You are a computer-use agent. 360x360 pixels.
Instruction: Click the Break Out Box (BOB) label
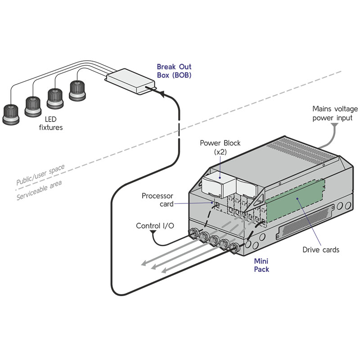174,71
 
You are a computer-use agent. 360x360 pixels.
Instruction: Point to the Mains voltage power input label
335,113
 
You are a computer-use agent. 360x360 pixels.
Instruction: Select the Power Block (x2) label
220,148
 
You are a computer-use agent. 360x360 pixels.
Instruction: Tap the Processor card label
157,200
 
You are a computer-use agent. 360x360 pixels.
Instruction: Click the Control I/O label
155,225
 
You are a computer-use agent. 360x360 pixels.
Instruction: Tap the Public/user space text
40,175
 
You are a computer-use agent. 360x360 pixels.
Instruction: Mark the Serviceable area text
40,191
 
